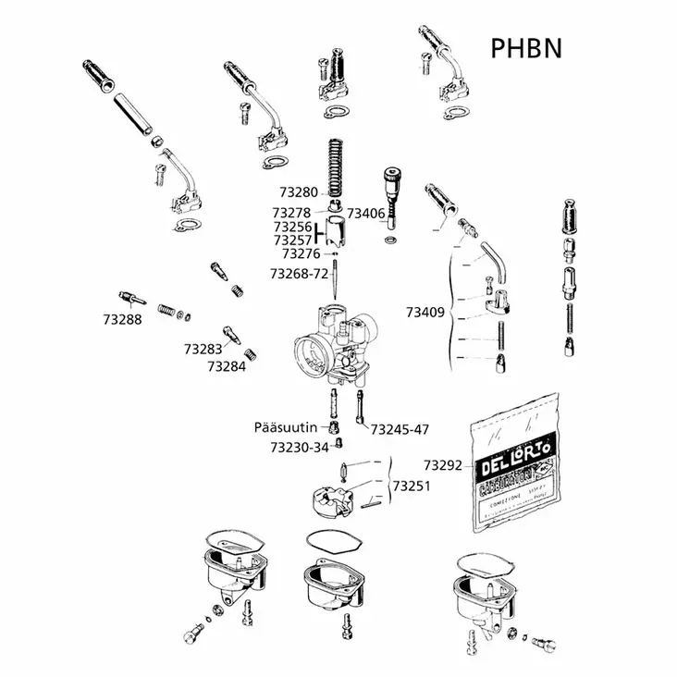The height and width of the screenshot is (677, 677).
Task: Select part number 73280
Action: [x=297, y=192]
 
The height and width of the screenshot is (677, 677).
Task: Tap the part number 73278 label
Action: [x=297, y=212]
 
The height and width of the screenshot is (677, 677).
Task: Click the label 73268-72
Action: [x=299, y=274]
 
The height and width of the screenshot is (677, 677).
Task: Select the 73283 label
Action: [x=203, y=350]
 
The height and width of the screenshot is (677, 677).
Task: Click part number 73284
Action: [x=227, y=366]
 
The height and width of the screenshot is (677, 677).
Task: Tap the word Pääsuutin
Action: [x=287, y=427]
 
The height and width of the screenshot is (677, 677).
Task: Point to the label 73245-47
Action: [x=400, y=429]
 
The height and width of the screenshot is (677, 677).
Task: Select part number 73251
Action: [x=412, y=485]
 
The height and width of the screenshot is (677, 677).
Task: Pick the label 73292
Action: [x=443, y=464]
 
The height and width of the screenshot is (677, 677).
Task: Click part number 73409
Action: [x=425, y=313]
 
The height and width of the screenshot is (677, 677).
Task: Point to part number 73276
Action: [x=301, y=252]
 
